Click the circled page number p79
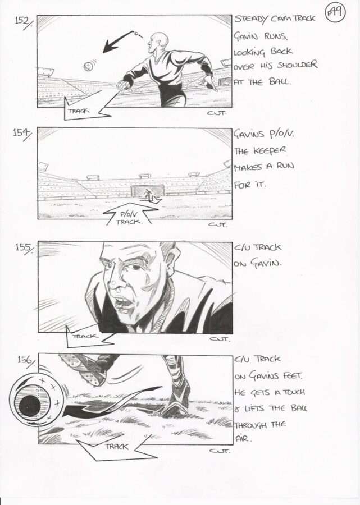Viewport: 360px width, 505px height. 335,13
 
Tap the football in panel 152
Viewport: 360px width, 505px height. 88,66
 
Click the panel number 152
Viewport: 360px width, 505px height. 23,22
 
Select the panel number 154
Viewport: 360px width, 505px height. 22,134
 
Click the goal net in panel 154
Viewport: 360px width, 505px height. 148,191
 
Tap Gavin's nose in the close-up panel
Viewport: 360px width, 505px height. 114,281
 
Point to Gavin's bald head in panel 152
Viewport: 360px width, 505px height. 160,40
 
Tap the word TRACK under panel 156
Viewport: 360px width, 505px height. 116,447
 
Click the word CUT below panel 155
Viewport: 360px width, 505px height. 219,339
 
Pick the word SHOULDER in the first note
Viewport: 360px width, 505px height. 297,66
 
